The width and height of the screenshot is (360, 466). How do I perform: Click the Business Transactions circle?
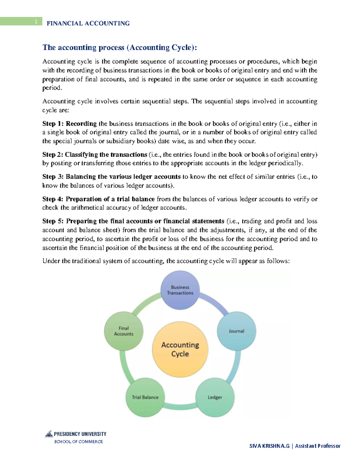pos(180,290)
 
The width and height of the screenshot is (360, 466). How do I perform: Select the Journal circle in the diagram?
pos(236,331)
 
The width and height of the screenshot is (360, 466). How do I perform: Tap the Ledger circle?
pos(215,397)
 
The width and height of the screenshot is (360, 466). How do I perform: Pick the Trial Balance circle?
pos(145,397)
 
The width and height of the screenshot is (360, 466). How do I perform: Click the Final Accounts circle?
pos(124,331)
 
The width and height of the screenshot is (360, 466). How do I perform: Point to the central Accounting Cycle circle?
pos(180,349)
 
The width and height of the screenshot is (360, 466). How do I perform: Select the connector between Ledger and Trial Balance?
pos(180,407)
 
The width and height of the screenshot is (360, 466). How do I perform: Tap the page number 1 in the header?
pos(36,21)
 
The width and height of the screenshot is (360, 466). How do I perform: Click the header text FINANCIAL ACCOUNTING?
pos(88,23)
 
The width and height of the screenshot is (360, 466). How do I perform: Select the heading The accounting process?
pos(120,47)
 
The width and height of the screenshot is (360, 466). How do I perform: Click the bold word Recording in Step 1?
pos(81,124)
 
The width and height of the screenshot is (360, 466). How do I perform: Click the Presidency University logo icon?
pos(49,434)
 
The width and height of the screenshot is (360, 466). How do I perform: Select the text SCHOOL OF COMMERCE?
pos(78,442)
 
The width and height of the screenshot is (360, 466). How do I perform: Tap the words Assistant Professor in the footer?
pos(317,446)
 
